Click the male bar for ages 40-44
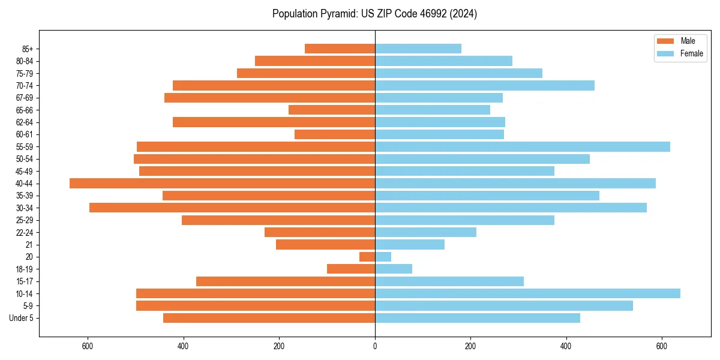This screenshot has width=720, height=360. pos(222,183)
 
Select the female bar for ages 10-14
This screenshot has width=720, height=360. pos(527,293)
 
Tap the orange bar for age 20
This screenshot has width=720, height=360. pos(367,257)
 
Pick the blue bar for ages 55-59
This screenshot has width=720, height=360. pos(522,146)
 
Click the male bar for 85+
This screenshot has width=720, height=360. pos(340,49)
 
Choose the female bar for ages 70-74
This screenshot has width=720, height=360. pos(484,85)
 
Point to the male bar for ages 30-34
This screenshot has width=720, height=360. pos(232,208)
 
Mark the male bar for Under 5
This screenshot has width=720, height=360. pos(269,318)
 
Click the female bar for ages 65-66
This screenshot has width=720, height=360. pos(432,110)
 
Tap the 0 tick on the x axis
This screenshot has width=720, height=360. pos(375,346)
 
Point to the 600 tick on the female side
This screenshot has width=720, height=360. pos(662,346)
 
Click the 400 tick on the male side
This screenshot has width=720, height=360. pos(184,346)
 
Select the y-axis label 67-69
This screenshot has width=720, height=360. pos(25,98)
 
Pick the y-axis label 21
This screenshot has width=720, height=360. pos(29,245)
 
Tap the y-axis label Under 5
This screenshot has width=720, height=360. pos(22,318)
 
